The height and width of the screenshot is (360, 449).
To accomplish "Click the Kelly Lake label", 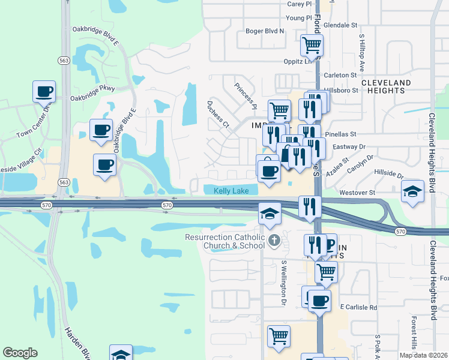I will tap(232, 190).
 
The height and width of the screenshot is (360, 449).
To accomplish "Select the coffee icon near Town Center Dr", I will tap(44, 92).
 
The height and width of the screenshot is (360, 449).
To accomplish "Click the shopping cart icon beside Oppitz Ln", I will tap(312, 44).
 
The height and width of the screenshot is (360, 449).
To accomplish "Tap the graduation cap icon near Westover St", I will tap(412, 191).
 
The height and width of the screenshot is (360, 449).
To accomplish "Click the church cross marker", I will tap(274, 241).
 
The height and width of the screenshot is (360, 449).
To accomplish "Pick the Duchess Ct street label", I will tap(218, 114).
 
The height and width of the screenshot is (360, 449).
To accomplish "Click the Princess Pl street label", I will tap(246, 95).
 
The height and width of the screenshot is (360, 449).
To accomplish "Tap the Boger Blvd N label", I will tap(265, 31).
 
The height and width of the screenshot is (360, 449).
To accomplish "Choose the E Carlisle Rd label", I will tap(358, 307).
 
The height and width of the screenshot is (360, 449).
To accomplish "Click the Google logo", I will tap(20, 353).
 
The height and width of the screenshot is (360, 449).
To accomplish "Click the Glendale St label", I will tap(340, 26).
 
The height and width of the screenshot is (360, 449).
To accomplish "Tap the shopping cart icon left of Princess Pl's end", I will tap(279, 111).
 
